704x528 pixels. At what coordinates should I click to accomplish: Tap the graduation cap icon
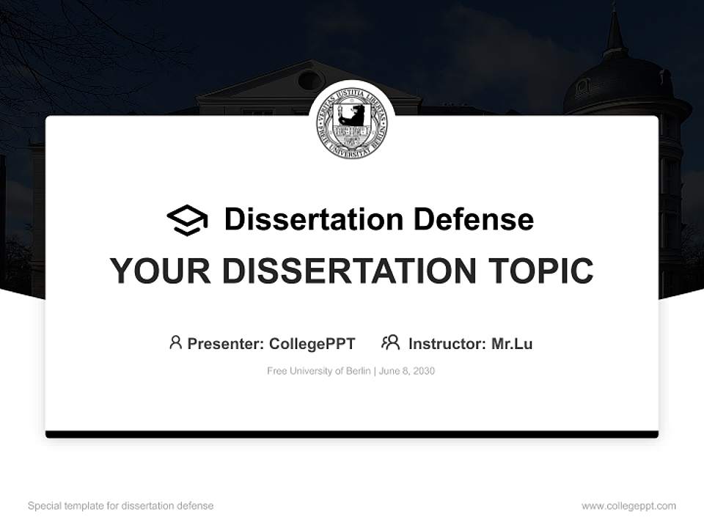187,220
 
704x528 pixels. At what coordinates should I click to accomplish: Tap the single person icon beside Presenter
175,342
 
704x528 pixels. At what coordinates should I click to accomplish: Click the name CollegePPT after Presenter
312,343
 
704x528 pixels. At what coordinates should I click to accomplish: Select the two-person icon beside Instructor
390,342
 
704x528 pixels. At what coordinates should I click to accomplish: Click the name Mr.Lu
512,343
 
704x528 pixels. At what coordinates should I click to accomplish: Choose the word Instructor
446,343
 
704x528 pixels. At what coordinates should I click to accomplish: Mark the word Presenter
225,343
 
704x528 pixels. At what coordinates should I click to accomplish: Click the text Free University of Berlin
319,371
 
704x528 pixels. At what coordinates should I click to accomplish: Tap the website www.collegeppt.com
628,506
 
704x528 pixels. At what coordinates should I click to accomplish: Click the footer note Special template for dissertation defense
121,506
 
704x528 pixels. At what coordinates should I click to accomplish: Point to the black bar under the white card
352,434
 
